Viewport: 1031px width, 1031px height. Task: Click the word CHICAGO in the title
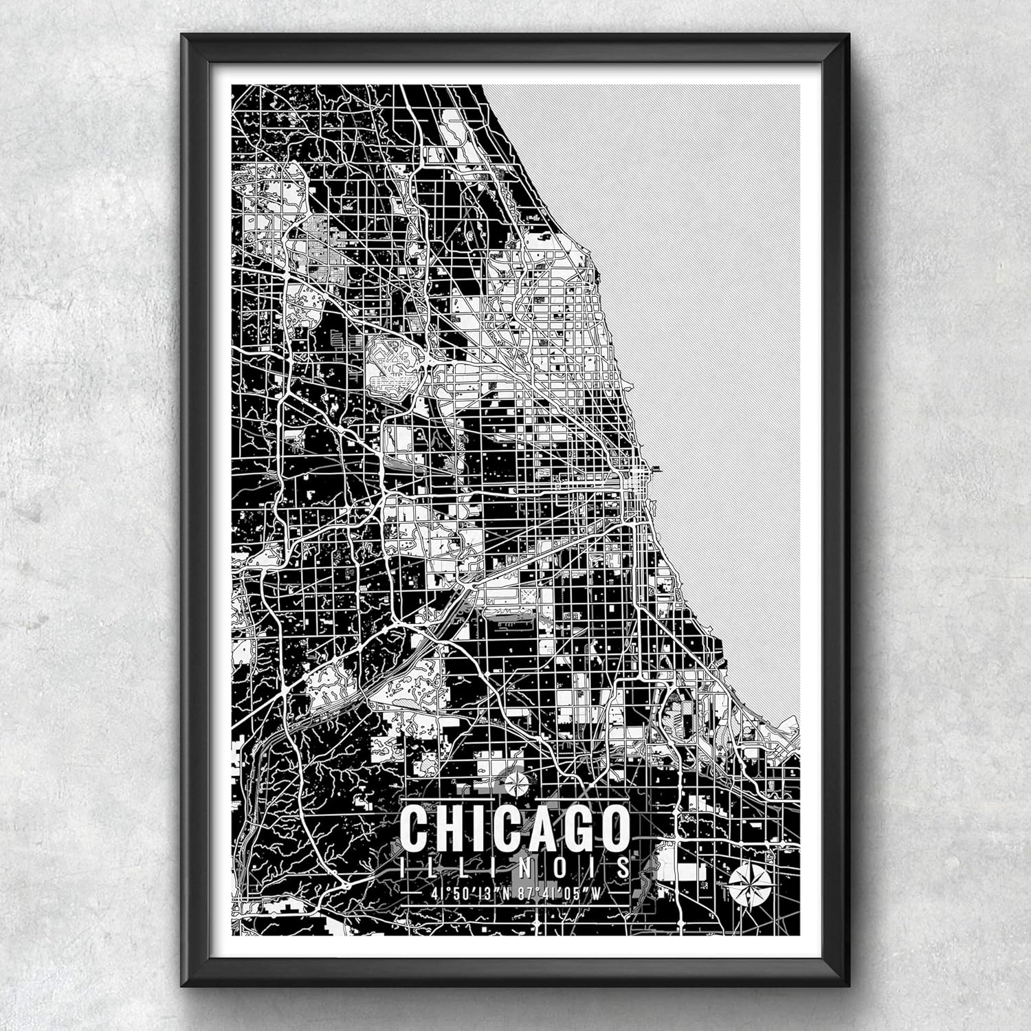tap(515, 828)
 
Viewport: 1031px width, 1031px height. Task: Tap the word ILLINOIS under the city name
tap(515, 867)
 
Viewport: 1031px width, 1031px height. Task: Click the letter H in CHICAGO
tap(450, 828)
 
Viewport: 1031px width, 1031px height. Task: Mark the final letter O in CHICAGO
tap(613, 828)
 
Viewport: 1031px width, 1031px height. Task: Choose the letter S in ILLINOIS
tap(623, 867)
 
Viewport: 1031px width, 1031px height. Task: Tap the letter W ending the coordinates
tap(606, 894)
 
